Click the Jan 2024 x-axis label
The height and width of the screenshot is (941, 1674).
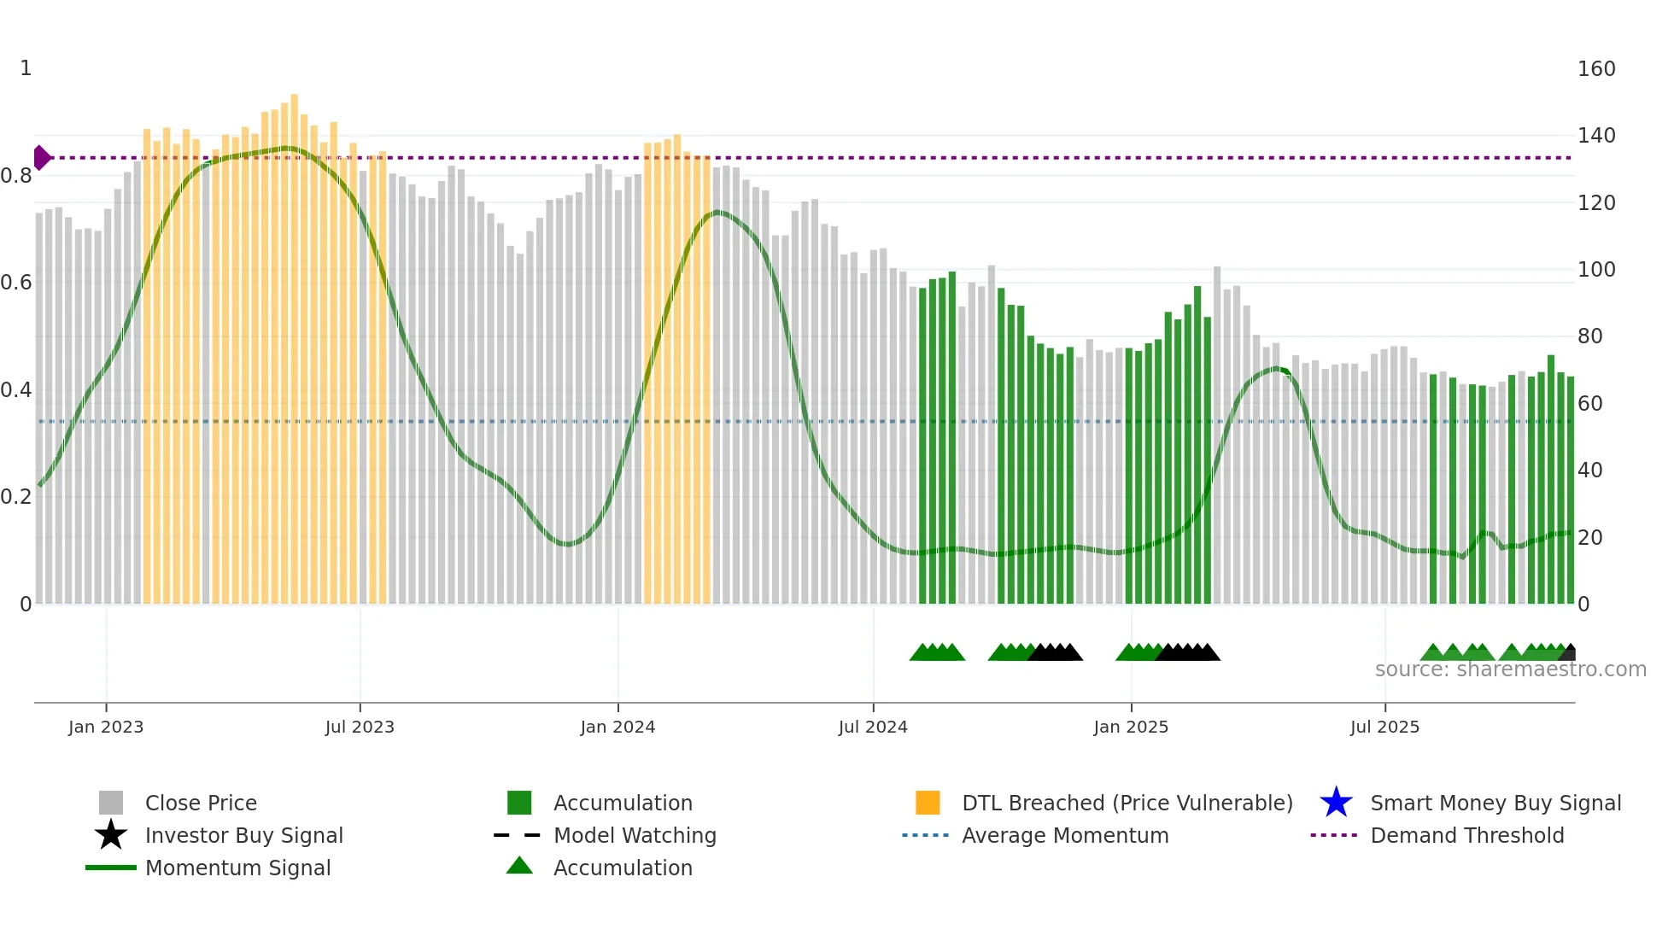[618, 727]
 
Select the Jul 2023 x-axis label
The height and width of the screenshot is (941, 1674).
[360, 727]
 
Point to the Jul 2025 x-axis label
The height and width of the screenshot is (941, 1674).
[1384, 727]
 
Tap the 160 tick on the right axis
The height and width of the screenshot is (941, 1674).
[1595, 69]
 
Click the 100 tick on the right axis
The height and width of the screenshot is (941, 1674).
[1595, 270]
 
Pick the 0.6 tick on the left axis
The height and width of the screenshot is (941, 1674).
[16, 283]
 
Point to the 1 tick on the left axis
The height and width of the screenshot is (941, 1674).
[26, 68]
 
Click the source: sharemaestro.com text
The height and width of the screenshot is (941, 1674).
[1510, 669]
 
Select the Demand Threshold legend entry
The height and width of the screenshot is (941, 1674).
[1466, 835]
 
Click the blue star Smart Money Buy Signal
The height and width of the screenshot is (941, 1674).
[1336, 803]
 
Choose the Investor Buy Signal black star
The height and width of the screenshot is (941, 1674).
[111, 835]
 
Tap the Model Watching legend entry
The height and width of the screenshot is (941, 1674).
[634, 835]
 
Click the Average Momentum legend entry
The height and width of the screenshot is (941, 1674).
[1064, 835]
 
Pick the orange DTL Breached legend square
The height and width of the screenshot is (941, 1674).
[928, 803]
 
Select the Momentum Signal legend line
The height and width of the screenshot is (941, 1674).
[111, 868]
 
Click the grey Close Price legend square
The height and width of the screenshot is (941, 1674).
[111, 803]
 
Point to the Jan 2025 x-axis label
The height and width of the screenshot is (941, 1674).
[1131, 727]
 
